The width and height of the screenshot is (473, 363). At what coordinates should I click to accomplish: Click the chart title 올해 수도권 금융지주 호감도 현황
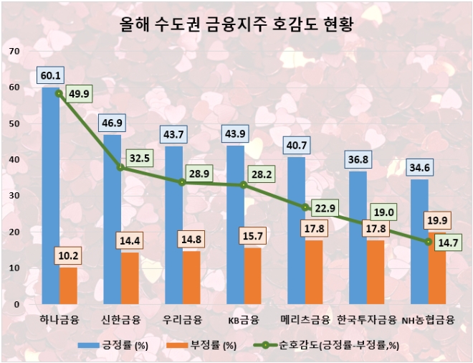[x=236, y=26]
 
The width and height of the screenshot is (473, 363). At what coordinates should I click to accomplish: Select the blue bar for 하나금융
[x=50, y=194]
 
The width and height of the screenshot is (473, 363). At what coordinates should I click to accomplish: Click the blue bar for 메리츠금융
[x=296, y=230]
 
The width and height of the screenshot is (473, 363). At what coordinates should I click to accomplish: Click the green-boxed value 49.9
[x=80, y=93]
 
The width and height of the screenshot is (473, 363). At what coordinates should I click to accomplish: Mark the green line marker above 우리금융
[x=183, y=182]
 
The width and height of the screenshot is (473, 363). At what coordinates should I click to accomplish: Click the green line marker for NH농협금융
[x=429, y=242]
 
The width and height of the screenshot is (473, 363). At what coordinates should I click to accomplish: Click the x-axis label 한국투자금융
[x=367, y=319]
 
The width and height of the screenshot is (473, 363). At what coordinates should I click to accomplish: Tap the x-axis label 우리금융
[x=183, y=319]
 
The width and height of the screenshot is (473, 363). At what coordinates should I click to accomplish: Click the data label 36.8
[x=358, y=160]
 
